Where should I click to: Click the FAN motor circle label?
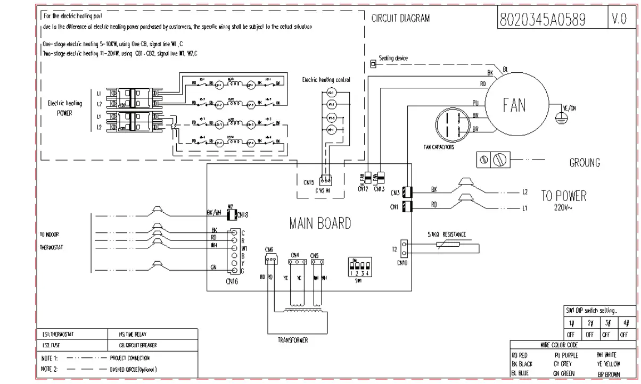click(x=514, y=105)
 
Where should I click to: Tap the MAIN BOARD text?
click(x=320, y=223)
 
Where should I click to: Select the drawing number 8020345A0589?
click(x=543, y=20)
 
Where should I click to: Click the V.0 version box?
click(x=619, y=20)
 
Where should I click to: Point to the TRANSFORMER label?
click(x=293, y=340)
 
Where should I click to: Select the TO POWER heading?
click(x=563, y=196)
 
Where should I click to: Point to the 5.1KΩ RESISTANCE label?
click(x=446, y=234)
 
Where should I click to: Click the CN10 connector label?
click(x=402, y=262)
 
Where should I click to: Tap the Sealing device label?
click(x=393, y=58)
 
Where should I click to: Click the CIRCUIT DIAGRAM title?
click(x=400, y=18)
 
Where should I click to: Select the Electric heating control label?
click(x=326, y=80)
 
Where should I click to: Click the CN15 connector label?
click(x=309, y=182)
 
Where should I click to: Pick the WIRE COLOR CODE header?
click(x=558, y=345)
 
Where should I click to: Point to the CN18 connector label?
click(x=243, y=215)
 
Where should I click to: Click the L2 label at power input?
click(x=524, y=191)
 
